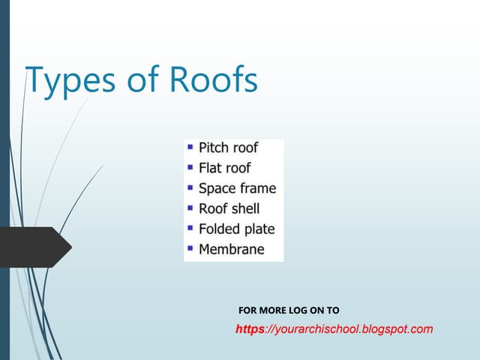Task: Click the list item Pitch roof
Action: (x=229, y=148)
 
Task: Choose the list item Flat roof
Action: (x=224, y=168)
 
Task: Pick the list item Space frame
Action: (x=237, y=188)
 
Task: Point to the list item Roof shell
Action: (x=229, y=208)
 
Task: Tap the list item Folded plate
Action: (x=236, y=229)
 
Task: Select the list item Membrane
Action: (x=231, y=249)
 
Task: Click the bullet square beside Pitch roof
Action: (x=190, y=146)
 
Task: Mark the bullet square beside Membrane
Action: (x=190, y=247)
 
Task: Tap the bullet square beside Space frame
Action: (x=190, y=187)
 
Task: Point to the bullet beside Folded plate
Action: (x=190, y=227)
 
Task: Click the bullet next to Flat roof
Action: (x=190, y=166)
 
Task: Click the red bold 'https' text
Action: (x=250, y=328)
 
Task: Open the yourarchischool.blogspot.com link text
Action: (x=352, y=328)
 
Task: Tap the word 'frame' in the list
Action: (x=256, y=188)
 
